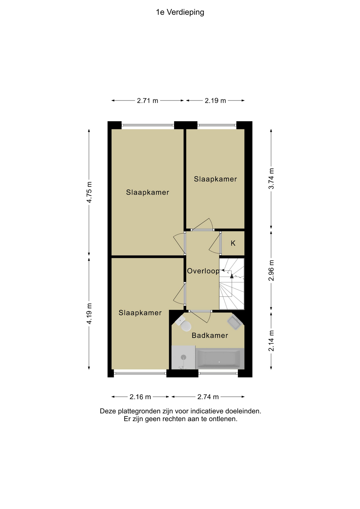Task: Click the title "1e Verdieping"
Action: [x=180, y=12]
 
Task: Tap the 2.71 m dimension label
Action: [x=147, y=101]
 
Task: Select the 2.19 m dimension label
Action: [x=215, y=101]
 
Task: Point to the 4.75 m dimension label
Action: [x=89, y=192]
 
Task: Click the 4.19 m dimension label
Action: [x=89, y=313]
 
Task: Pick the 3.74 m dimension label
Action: [x=271, y=179]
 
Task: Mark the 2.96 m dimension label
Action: [x=271, y=270]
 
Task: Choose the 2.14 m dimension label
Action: [x=271, y=341]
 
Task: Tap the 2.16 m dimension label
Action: [x=140, y=397]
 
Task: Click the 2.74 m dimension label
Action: [x=208, y=397]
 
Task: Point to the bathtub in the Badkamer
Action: [x=219, y=359]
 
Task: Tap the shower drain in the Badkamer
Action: [x=183, y=357]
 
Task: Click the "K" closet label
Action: [x=233, y=243]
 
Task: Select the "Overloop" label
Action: [x=203, y=271]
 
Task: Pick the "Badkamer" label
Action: [x=210, y=336]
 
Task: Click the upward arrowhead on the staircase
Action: [x=232, y=276]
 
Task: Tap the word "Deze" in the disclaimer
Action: [x=108, y=411]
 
